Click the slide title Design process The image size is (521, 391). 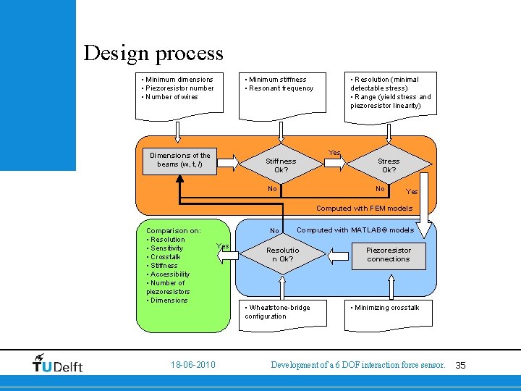(x=153, y=53)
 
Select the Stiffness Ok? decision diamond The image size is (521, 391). (x=281, y=165)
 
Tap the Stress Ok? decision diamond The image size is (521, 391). (x=389, y=165)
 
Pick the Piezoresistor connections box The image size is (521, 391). (x=389, y=254)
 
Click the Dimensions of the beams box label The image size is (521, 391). (x=180, y=159)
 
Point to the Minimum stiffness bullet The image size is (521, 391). (x=276, y=80)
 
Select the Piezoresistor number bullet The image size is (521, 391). (x=178, y=88)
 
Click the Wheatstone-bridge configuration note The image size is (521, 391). (x=278, y=311)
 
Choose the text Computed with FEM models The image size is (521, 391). (x=364, y=209)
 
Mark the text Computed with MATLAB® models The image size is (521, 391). (x=355, y=230)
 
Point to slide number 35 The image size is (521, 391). (x=460, y=366)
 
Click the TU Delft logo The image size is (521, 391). (x=58, y=363)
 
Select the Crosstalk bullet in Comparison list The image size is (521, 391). (x=165, y=257)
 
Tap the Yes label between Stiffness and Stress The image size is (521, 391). (x=334, y=153)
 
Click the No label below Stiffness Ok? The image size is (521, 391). (x=272, y=189)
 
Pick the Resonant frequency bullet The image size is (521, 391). (x=281, y=88)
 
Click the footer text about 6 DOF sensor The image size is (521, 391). (x=357, y=366)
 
